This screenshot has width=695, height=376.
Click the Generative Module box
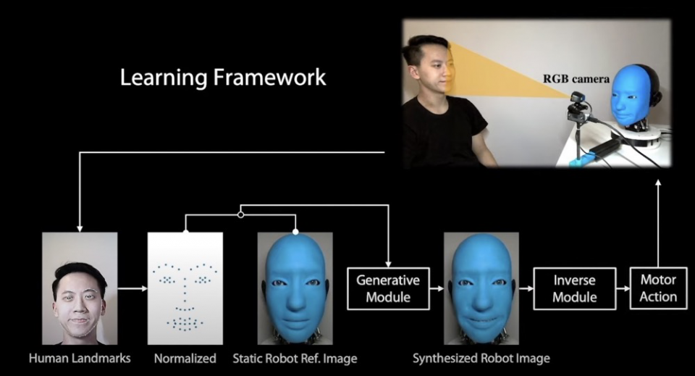(389, 288)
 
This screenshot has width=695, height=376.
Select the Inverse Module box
(575, 288)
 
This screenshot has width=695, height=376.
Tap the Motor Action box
(658, 288)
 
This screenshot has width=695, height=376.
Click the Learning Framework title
(223, 78)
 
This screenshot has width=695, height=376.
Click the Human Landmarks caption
(80, 358)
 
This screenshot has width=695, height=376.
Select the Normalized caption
(185, 358)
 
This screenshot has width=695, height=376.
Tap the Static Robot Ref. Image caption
(295, 358)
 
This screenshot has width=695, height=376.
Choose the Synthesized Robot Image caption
(481, 358)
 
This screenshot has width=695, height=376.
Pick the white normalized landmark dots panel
(185, 288)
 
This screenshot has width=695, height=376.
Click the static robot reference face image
(295, 288)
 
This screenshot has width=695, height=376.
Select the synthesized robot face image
(481, 288)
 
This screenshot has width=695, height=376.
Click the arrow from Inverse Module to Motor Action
(623, 288)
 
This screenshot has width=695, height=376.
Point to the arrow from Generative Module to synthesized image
(437, 288)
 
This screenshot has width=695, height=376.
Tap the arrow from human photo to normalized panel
(132, 288)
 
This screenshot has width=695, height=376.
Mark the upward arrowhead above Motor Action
(658, 183)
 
